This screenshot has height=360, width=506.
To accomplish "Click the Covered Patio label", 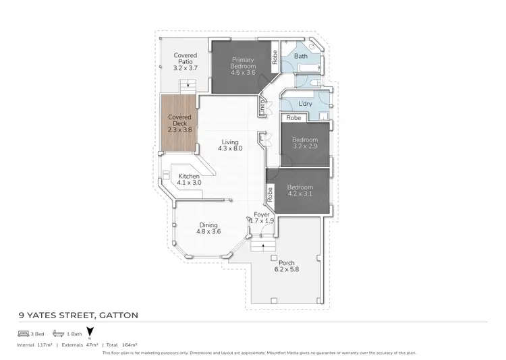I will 186,61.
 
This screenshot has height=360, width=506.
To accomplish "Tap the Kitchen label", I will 189,179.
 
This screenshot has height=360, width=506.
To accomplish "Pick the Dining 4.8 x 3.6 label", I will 208,229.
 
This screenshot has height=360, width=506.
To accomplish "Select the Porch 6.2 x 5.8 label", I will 287,266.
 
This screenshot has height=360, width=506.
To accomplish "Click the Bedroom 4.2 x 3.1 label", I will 300,191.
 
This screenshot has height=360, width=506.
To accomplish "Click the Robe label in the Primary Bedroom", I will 275,58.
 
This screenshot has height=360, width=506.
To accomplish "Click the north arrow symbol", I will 90,332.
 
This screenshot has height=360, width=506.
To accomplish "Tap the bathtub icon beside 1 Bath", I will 58,333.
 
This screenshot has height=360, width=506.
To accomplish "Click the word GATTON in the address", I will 119,314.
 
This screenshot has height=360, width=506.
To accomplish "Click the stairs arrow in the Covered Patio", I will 188,86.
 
